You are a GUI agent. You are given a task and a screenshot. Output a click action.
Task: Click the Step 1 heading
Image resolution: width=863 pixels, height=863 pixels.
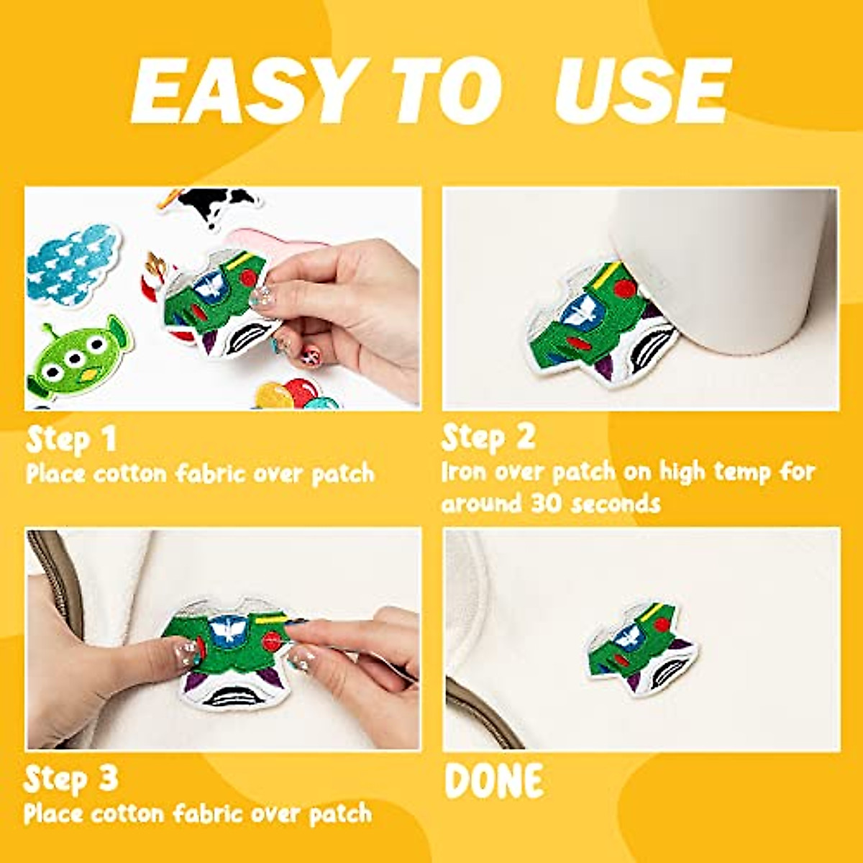pos(71,439)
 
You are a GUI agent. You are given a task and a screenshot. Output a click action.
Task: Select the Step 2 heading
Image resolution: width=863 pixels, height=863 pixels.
pos(488,437)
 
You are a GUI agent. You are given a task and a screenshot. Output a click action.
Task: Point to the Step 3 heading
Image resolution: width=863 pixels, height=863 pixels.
pos(70,779)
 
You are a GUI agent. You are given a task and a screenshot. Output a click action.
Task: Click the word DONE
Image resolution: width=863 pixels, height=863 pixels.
pos(494,782)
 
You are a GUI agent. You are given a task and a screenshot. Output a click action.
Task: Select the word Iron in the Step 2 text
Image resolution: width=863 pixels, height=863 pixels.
pos(457,472)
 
